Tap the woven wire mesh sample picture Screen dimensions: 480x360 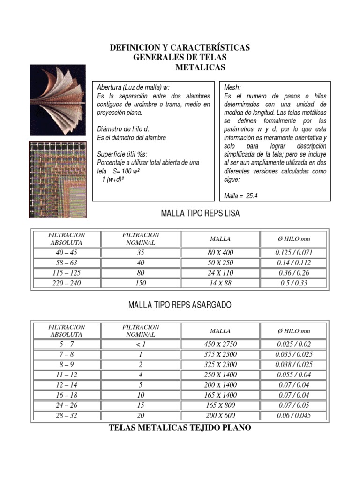click(58, 180)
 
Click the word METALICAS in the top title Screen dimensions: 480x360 click(200, 67)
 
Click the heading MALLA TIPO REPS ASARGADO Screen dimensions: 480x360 click(180, 305)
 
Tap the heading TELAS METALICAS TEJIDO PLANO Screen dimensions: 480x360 click(180, 427)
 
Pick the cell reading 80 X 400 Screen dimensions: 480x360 click(220, 253)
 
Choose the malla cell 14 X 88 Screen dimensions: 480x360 click(220, 283)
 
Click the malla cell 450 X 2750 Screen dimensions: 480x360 click(220, 345)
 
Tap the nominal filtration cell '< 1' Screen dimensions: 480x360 click(141, 345)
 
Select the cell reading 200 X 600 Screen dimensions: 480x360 click(220, 416)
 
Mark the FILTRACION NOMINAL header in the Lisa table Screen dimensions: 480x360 click(141, 239)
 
